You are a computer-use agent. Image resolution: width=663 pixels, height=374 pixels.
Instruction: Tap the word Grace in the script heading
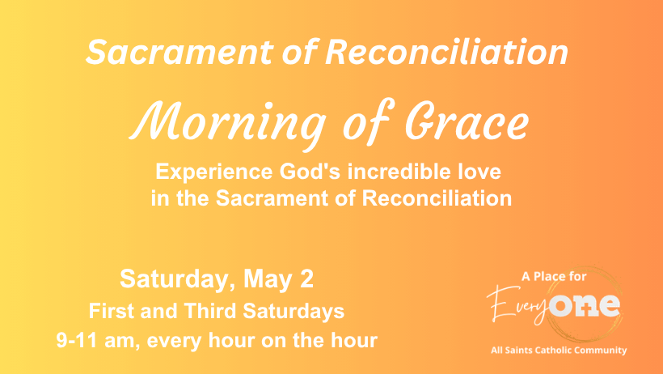coord(467,121)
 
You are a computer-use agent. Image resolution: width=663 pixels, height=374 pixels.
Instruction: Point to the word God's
coord(310,171)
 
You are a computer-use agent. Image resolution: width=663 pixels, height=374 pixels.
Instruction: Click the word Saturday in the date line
coord(178,279)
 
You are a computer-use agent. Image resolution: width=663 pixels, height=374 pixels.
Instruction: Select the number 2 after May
coord(307,278)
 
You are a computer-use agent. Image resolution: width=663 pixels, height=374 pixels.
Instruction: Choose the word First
coord(112,311)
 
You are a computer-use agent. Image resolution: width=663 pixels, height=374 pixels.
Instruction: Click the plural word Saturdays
coord(293,312)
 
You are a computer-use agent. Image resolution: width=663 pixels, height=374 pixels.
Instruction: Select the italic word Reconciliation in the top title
coord(446,52)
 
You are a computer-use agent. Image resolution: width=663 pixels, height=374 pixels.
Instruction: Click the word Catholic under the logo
coord(554,351)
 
